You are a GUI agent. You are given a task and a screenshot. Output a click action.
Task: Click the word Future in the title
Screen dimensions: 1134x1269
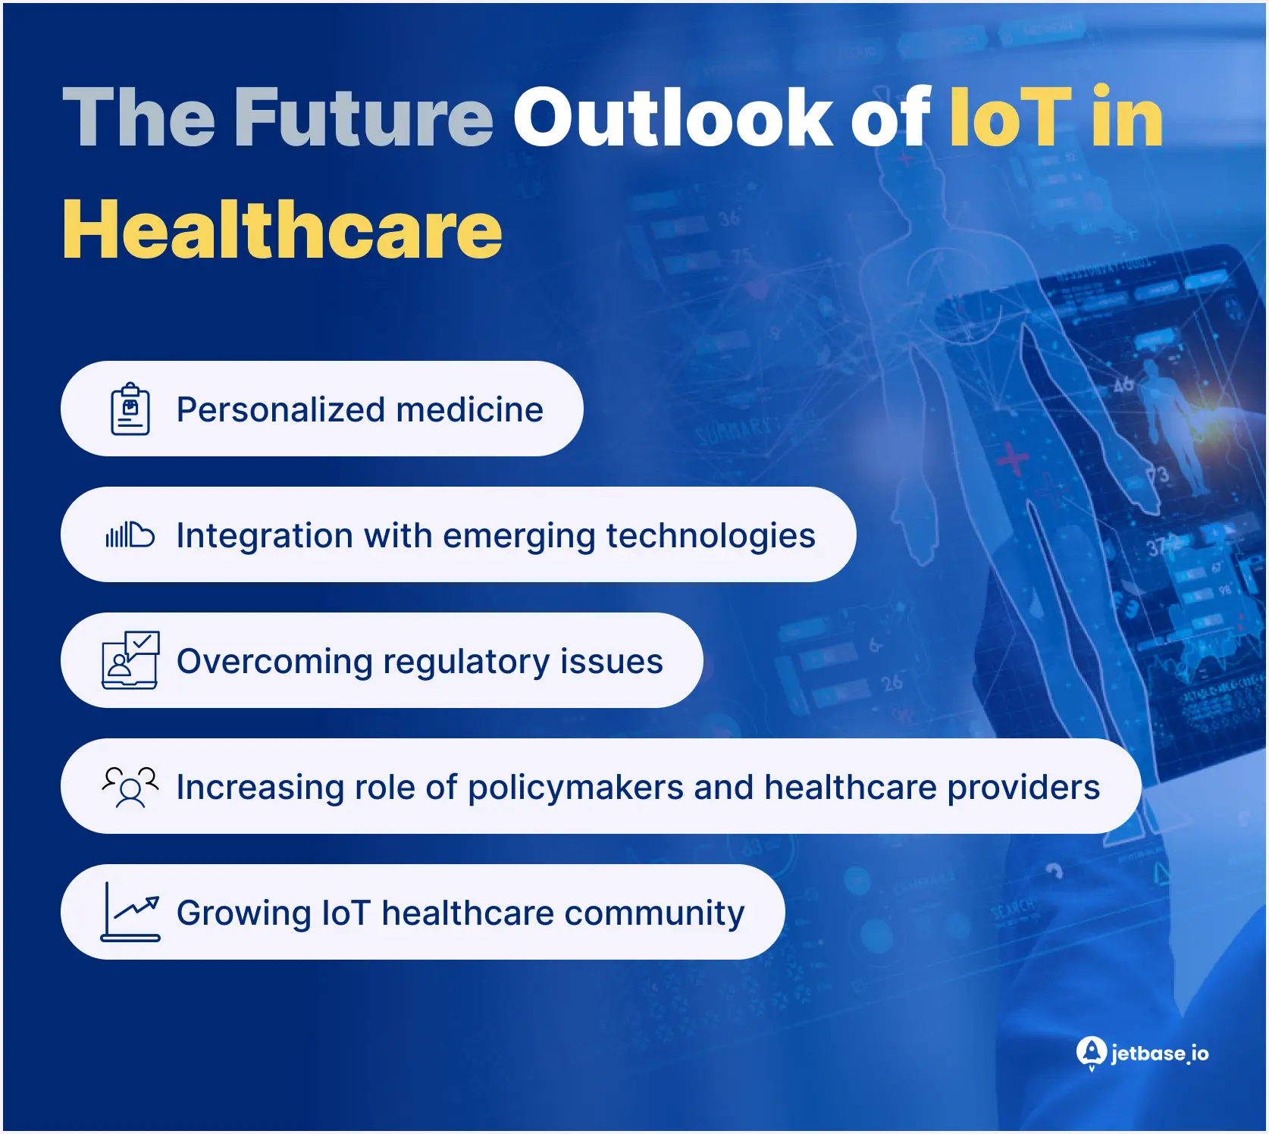[363, 117]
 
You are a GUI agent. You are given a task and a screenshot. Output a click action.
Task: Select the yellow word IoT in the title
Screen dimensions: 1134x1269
[1010, 117]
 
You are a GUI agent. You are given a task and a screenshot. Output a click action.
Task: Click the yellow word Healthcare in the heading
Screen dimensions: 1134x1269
[282, 230]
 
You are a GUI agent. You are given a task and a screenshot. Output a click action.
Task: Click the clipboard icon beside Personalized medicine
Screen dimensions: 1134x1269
[130, 409]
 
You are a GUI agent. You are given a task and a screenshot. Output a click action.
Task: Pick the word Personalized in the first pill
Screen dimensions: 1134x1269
[280, 410]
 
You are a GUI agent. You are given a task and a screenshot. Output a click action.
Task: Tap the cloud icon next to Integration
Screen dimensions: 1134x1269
[130, 535]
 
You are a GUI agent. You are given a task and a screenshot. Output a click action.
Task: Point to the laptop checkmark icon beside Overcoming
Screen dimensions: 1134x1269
[130, 660]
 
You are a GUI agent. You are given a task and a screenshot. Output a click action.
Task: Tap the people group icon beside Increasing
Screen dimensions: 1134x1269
[130, 787]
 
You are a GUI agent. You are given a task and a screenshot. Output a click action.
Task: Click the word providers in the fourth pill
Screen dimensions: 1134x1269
[1023, 788]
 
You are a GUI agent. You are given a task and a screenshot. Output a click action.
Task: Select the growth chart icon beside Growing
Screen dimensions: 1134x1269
[130, 912]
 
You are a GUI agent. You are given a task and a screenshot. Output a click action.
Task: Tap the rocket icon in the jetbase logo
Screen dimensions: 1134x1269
[1091, 1053]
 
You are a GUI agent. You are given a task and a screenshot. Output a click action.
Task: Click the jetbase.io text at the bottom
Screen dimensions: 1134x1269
[1159, 1054]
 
